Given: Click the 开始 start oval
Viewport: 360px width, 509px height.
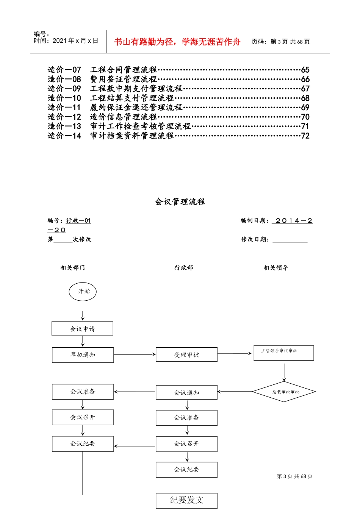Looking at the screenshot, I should click(x=83, y=292).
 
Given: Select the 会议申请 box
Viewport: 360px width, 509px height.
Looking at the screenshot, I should click(x=82, y=329).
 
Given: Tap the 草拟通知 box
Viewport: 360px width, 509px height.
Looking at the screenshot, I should click(x=83, y=355).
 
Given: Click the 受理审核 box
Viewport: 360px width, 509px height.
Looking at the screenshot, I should click(x=186, y=355).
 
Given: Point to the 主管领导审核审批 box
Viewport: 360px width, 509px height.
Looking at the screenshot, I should click(x=283, y=353).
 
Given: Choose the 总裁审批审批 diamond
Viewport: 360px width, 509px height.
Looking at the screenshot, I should click(x=284, y=392).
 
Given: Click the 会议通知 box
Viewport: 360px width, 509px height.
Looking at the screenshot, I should click(x=186, y=393).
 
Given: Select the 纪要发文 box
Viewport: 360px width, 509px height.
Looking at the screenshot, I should click(x=186, y=500).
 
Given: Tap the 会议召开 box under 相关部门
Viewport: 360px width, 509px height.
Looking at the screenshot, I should click(x=83, y=417).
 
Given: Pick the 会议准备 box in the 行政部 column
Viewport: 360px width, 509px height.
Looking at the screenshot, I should click(x=186, y=418).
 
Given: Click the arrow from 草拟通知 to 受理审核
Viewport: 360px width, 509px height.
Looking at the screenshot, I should click(x=135, y=354).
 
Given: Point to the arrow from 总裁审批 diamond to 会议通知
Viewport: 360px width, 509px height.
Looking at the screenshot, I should click(x=235, y=392).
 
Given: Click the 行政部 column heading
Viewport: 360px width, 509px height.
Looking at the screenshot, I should click(x=184, y=268).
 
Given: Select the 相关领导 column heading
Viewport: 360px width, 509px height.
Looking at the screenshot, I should click(x=275, y=268).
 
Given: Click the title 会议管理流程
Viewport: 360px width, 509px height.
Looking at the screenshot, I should click(x=180, y=202).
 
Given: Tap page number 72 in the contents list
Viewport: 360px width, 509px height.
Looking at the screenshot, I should click(x=305, y=136).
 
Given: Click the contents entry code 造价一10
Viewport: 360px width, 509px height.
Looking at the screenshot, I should click(x=64, y=98).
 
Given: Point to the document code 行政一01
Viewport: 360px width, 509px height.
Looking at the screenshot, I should click(x=78, y=221).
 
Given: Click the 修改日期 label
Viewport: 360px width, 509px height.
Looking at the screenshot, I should click(x=255, y=239).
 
